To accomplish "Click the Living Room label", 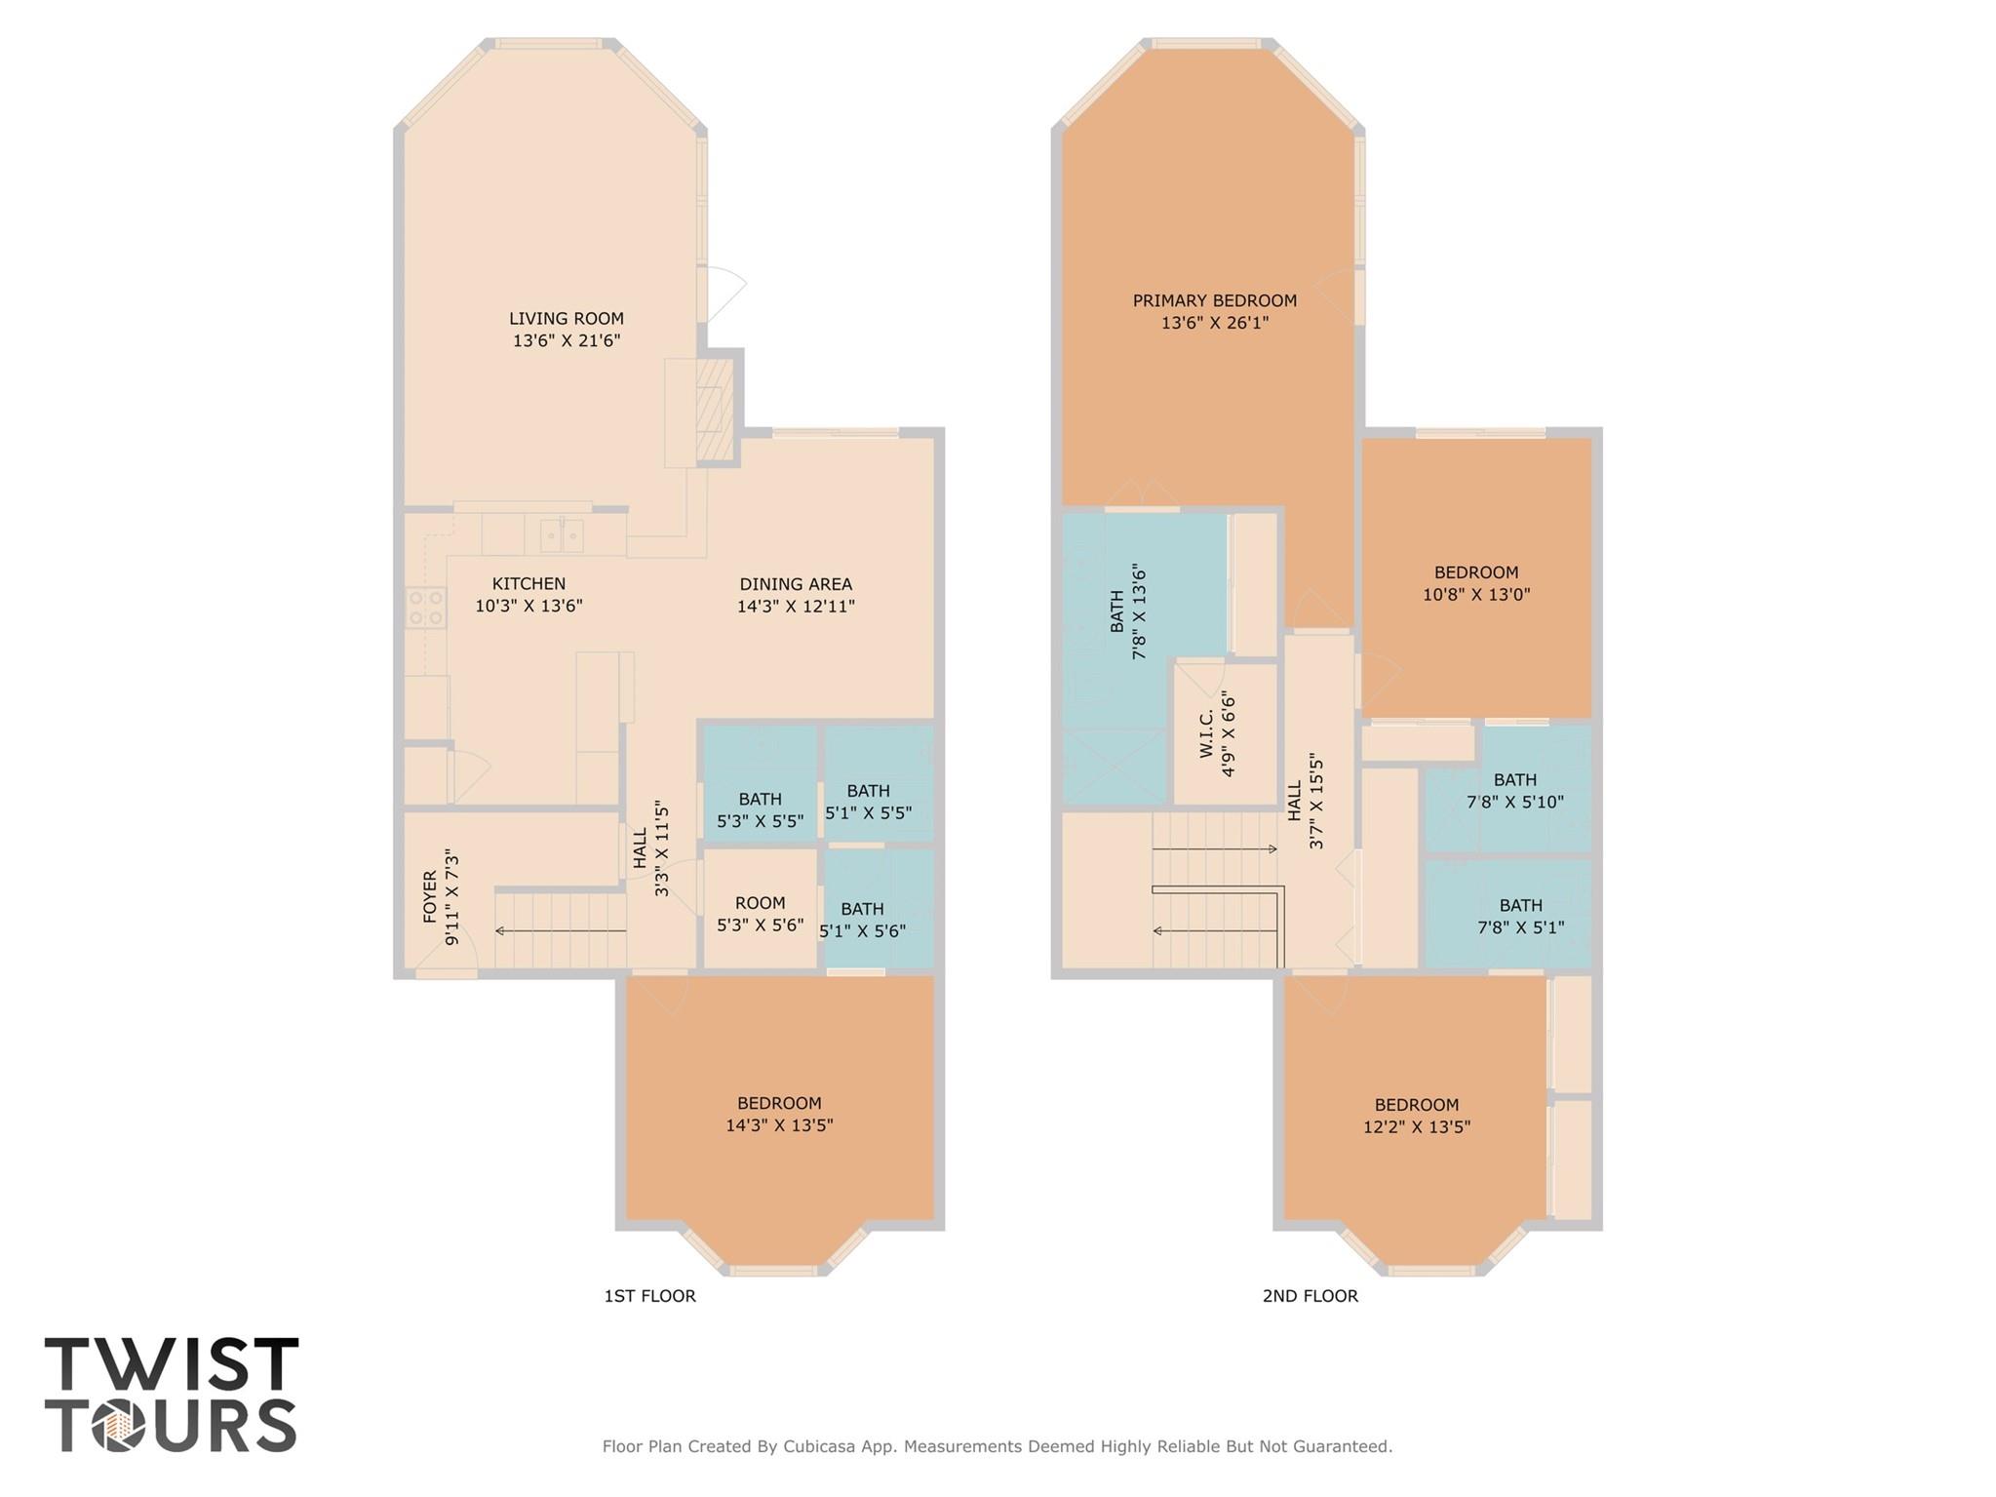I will tap(566, 319).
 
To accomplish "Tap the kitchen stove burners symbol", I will tap(426, 607).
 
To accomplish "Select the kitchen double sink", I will tap(563, 534).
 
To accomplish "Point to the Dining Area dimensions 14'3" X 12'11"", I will tap(796, 606).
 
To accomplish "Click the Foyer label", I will tap(430, 897).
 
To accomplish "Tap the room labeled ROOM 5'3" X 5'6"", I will tap(760, 913).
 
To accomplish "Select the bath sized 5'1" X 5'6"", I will tap(862, 919).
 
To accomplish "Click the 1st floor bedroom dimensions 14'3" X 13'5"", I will tap(779, 1124).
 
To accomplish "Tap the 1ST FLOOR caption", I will tap(649, 1296).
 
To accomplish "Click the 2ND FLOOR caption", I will tap(1310, 1296).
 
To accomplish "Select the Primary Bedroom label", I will tap(1214, 301).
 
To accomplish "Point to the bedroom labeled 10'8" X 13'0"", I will tap(1475, 583).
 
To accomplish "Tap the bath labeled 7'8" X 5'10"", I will tap(1514, 791).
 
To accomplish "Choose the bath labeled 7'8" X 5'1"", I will tap(1520, 916).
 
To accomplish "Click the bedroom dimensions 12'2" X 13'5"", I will tap(1416, 1126).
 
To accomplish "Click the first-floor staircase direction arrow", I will tap(561, 931).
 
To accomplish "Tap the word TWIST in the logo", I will tap(172, 1366).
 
